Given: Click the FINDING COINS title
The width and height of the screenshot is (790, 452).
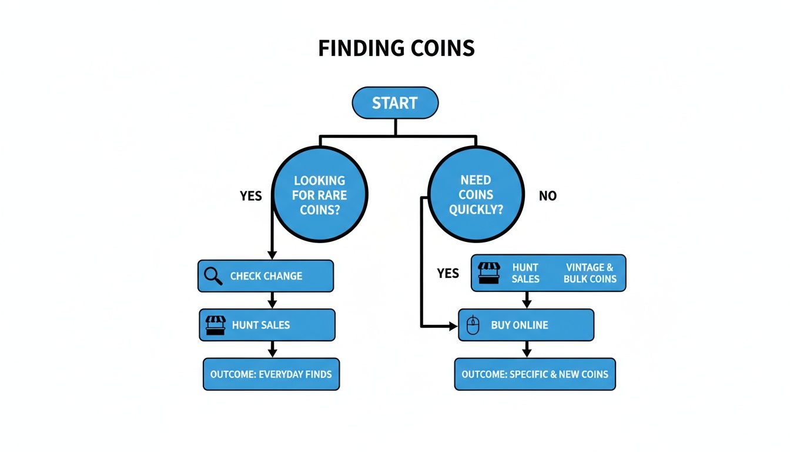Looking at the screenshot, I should tap(396, 48).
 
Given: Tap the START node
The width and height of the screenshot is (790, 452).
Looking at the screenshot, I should tap(395, 103).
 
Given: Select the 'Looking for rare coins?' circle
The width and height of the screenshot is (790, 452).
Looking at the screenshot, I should tap(320, 195).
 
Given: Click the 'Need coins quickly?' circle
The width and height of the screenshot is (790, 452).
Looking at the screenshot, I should tap(476, 195).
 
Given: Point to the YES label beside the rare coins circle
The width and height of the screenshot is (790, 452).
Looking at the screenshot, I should tap(251, 196).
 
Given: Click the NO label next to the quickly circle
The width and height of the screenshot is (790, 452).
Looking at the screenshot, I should tap(547, 196).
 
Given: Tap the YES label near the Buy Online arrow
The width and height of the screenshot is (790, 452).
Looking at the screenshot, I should tap(448, 273).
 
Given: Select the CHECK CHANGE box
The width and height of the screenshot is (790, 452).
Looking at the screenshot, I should tap(266, 276).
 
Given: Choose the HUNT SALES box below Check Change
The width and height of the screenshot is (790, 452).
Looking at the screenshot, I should tap(267, 325).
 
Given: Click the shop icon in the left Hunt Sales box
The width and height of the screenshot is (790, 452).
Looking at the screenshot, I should tap(215, 325).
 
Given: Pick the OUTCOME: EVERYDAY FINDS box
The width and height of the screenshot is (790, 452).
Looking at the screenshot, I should tap(271, 374).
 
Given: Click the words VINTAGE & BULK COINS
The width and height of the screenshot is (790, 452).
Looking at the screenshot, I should tap(590, 273).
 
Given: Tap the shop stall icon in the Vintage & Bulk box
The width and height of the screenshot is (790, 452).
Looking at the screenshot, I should tap(489, 273).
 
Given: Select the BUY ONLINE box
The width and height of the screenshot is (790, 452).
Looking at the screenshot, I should tap(526, 325).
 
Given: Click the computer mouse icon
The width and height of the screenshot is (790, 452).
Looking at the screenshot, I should tap(473, 325).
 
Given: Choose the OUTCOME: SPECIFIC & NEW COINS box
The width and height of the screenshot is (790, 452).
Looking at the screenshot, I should tap(535, 374).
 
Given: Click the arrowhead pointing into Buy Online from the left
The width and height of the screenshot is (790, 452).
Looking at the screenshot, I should tap(453, 325).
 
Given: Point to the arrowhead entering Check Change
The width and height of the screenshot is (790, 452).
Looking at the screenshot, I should tap(272, 254).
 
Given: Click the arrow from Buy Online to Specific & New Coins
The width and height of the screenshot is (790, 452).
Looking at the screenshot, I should tap(527, 350).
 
